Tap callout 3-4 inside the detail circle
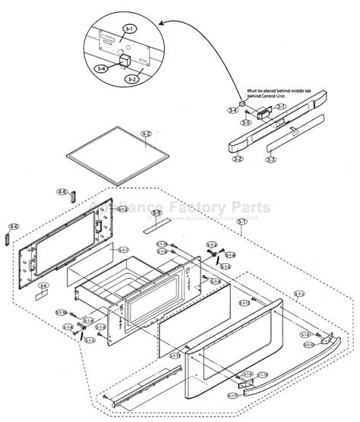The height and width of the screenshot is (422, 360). click(101, 69)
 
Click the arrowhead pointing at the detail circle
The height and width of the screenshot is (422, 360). click(158, 28)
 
